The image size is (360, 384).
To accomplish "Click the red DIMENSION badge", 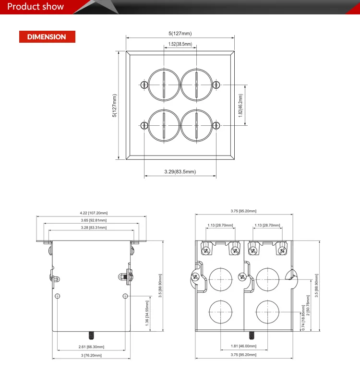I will coord(47,37).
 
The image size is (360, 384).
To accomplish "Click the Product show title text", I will coord(36,7).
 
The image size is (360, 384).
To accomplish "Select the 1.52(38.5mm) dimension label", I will coord(180,44).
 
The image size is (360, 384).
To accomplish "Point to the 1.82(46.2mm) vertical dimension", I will coord(240,106).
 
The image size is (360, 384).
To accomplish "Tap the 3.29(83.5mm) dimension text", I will coord(180,171).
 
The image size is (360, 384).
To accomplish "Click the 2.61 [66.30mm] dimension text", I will coord(91,347).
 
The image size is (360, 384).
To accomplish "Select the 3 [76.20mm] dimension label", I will coord(91,355).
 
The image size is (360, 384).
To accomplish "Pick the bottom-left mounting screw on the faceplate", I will coord(144,126).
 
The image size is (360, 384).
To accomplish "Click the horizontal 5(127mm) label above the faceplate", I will coord(180,34).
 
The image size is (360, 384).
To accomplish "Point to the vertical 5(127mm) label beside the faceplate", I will coord(114,106).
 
